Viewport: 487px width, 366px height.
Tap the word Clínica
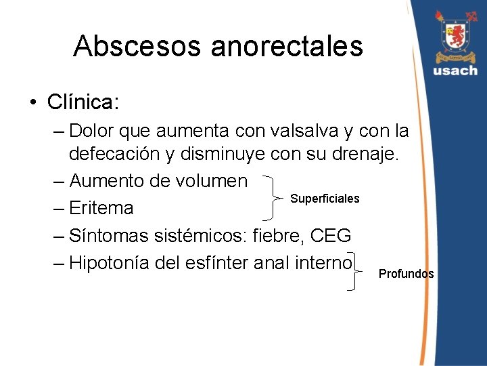pyautogui.click(x=83, y=102)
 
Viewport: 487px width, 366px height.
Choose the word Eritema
pyautogui.click(x=101, y=207)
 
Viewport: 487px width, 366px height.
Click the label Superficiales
pyautogui.click(x=325, y=199)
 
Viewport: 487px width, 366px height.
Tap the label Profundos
pyautogui.click(x=406, y=274)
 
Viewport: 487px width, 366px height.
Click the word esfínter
pyautogui.click(x=225, y=262)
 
